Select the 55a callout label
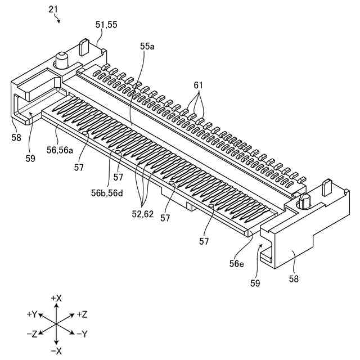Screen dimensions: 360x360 147,47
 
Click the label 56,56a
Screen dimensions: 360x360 60,150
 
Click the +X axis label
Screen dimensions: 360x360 56,297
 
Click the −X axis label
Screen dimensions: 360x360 56,351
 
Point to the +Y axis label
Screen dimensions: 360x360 31,313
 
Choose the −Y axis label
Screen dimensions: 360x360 82,334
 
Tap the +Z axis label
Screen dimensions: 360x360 82,313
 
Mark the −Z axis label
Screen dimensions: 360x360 31,334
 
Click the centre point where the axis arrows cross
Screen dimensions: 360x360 56,324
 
